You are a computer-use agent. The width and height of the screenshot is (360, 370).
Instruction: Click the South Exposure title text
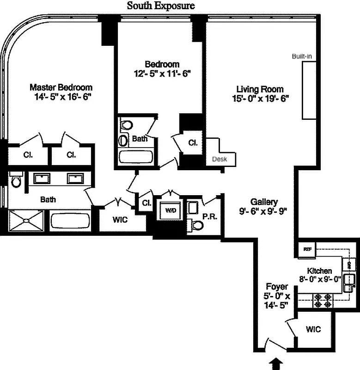[161, 6]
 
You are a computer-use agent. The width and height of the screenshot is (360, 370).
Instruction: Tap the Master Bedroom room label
[61, 87]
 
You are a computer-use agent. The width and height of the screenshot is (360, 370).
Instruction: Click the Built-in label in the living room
[302, 56]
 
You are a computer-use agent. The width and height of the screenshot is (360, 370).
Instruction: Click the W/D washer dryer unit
[171, 211]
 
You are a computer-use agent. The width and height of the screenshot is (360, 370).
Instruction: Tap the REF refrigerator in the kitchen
[307, 249]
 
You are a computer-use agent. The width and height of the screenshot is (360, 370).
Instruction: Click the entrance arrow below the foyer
[276, 365]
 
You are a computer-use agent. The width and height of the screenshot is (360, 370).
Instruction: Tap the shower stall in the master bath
[27, 221]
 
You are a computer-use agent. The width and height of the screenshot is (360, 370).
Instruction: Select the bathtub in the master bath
[71, 221]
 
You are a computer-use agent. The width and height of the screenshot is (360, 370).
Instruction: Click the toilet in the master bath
[16, 180]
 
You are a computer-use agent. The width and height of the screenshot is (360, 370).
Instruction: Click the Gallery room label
[264, 202]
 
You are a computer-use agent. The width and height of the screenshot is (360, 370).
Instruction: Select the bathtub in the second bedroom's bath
[136, 156]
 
